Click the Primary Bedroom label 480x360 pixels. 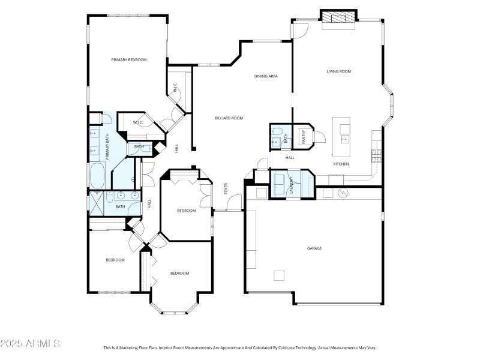pos(129,59)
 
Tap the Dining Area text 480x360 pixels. pos(265,76)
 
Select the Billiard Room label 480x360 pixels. pos(229,118)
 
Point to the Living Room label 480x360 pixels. pos(338,71)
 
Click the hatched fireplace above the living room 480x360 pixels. pos(338,18)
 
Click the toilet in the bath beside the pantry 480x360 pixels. pos(275,141)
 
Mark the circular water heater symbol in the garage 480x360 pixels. pos(344,193)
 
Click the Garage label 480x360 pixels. pos(314,248)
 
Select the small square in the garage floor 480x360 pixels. pos(279,275)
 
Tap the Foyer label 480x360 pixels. pos(226,188)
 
